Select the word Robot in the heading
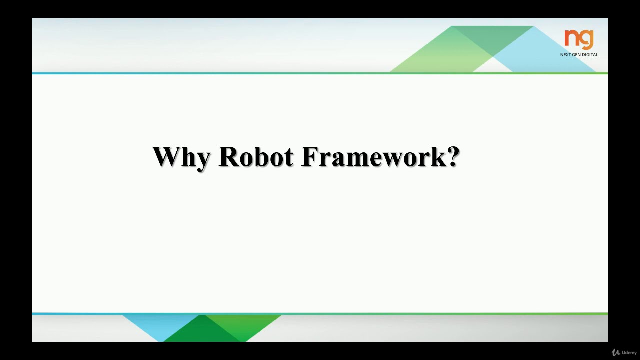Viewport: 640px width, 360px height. [256, 157]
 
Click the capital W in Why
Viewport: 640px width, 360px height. [165, 157]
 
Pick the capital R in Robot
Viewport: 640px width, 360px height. [229, 157]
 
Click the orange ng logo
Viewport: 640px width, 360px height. [579, 39]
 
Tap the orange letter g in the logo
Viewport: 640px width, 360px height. [586, 40]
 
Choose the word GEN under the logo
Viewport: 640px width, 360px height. [577, 55]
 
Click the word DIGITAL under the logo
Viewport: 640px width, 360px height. [590, 55]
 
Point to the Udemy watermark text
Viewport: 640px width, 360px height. [629, 353]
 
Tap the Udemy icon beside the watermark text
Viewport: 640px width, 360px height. [616, 353]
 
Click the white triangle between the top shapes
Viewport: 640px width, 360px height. [492, 66]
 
